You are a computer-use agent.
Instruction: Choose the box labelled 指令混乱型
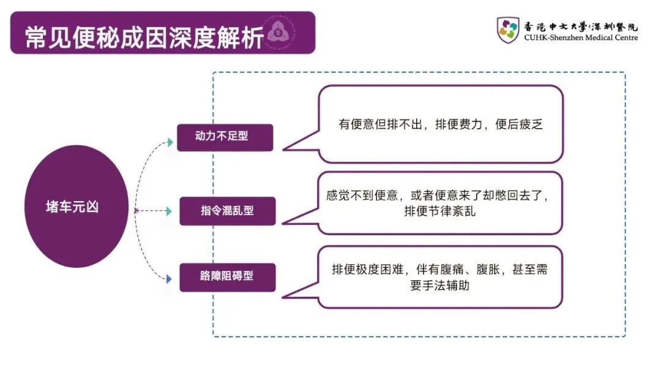click(x=227, y=211)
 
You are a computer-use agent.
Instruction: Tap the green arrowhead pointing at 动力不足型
click(x=170, y=143)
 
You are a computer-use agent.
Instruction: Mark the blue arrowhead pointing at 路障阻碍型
click(x=169, y=279)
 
